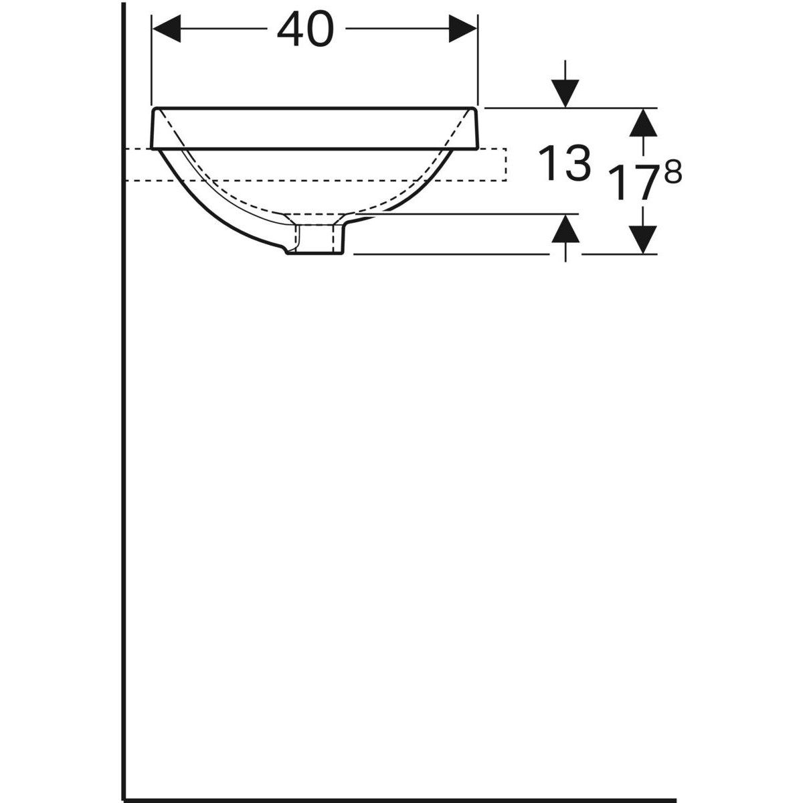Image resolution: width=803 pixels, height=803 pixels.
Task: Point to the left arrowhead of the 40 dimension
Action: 167,29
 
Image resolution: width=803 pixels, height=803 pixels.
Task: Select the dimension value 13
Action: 565,164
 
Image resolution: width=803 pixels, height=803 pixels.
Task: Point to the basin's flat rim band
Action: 315,128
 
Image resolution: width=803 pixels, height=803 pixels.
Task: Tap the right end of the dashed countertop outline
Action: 507,165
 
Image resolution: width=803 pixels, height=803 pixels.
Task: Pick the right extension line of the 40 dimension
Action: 478,60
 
